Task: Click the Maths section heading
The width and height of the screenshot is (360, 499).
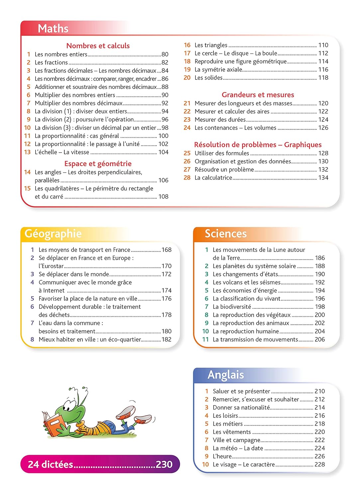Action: click(53, 29)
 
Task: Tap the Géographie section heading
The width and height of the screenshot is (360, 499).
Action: click(53, 234)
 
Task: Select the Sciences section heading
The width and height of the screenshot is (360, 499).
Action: click(225, 234)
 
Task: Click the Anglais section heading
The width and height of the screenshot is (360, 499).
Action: click(225, 375)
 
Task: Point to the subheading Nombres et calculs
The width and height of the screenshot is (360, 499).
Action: click(98, 46)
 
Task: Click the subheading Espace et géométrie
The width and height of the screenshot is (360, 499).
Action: click(98, 163)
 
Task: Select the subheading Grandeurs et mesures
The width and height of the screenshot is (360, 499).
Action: click(258, 95)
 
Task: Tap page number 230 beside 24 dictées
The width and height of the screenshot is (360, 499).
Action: click(164, 464)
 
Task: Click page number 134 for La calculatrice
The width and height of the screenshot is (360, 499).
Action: click(323, 178)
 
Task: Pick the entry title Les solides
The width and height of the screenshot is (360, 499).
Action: click(208, 78)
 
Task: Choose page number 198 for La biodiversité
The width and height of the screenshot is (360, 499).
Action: click(320, 307)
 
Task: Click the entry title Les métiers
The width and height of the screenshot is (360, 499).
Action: click(228, 424)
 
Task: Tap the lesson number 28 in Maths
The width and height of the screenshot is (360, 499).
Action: click(187, 178)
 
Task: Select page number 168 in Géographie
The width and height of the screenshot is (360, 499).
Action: click(166, 250)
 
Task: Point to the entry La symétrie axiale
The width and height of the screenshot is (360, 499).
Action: click(218, 70)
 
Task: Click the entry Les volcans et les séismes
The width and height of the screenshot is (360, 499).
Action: click(246, 282)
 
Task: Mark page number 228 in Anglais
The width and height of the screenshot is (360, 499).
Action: click(319, 464)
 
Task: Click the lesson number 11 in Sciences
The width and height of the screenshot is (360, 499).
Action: click(205, 339)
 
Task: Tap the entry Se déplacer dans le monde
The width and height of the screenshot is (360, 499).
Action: click(74, 274)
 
